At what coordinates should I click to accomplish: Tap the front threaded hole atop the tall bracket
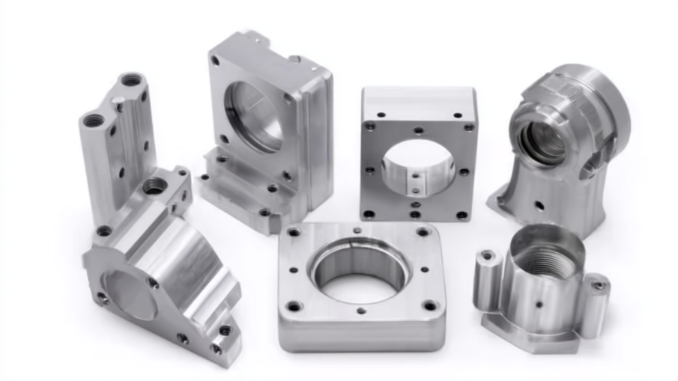pos(94,120)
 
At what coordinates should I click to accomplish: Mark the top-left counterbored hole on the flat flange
pos(294,233)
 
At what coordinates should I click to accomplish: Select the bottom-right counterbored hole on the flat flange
pos(429,305)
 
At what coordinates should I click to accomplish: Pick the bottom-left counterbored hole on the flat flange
pos(294,306)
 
